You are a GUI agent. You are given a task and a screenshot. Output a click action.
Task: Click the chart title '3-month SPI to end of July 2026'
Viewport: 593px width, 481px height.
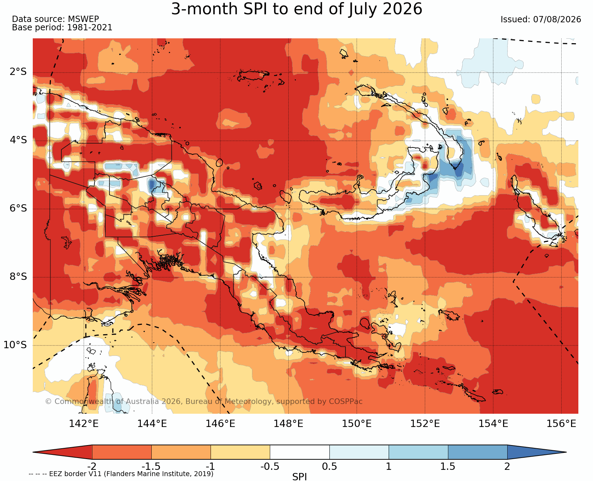click(x=297, y=9)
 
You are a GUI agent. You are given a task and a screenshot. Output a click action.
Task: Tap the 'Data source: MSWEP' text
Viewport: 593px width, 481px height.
click(x=55, y=19)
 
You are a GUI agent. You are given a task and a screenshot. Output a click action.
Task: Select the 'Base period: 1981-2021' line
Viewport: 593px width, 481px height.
click(x=62, y=28)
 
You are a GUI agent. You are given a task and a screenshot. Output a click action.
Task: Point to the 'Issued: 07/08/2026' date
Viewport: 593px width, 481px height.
click(x=541, y=20)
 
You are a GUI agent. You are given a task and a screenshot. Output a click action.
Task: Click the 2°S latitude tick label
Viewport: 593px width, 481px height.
click(x=18, y=72)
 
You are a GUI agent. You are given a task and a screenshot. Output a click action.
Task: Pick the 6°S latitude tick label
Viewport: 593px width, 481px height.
click(x=18, y=208)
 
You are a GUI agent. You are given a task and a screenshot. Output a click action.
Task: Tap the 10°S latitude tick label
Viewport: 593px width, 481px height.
click(x=15, y=345)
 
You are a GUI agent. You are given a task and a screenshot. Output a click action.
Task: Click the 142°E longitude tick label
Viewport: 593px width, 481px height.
click(x=84, y=424)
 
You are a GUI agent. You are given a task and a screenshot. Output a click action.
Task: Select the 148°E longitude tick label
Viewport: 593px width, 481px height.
click(x=288, y=424)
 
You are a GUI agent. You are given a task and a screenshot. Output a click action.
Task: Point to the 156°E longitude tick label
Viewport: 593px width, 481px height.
click(x=561, y=424)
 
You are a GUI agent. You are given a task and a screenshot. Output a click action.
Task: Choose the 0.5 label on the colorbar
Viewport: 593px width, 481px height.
click(x=329, y=466)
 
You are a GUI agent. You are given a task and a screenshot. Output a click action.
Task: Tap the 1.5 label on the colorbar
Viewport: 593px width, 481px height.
click(x=448, y=466)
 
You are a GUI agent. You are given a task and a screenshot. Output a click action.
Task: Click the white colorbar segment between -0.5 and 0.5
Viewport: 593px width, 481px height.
click(x=300, y=452)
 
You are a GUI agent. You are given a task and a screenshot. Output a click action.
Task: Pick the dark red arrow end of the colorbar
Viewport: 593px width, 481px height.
click(x=62, y=452)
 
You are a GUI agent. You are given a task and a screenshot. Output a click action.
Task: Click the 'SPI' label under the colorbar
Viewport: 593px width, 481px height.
click(x=299, y=477)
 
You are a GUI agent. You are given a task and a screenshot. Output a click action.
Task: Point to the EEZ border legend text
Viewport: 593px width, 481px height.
click(x=121, y=474)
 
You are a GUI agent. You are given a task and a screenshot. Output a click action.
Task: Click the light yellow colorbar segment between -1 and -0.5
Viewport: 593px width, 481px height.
click(x=241, y=452)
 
